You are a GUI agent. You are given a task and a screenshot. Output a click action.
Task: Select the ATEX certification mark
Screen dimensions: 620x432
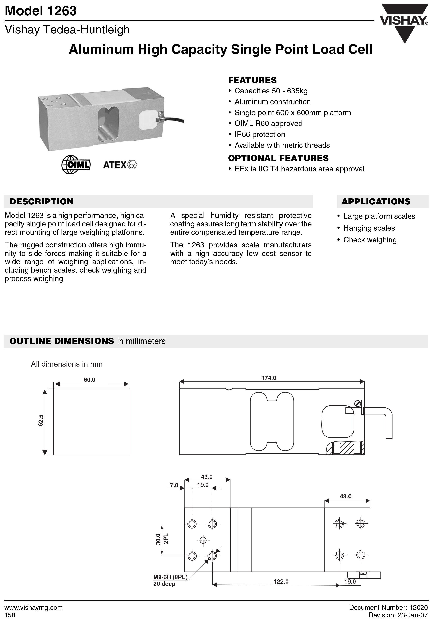point(120,165)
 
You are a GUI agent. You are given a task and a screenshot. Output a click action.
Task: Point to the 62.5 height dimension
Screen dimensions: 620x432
point(41,420)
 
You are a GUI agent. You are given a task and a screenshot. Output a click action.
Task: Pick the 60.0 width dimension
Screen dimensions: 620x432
point(89,380)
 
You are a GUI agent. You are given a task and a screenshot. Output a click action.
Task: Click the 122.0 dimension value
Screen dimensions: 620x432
point(281,581)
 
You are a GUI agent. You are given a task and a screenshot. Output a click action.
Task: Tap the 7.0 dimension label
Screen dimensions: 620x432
point(174,485)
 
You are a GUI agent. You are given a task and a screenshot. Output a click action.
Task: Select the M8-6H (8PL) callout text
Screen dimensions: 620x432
point(170,577)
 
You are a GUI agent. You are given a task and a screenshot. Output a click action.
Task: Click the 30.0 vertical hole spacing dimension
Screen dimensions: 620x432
point(158,539)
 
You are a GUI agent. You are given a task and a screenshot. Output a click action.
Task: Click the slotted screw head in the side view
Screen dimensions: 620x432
point(358,403)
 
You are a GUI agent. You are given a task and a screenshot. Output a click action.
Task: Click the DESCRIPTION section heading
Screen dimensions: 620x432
point(42,201)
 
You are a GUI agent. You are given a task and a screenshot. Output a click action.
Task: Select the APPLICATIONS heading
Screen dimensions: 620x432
point(376,201)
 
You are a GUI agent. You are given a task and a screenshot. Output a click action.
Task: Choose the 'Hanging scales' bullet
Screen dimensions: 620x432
point(369,228)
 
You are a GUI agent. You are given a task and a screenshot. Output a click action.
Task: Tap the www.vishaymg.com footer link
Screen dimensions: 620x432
point(34,607)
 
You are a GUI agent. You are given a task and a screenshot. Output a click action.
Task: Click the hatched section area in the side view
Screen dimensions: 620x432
point(346,448)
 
